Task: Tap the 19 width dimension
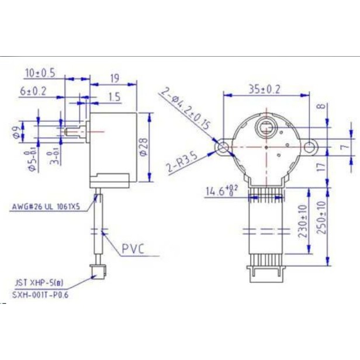point(115,78)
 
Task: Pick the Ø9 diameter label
point(16,133)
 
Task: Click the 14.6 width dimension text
point(221,191)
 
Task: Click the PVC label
point(133,250)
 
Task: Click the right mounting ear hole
point(309,147)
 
